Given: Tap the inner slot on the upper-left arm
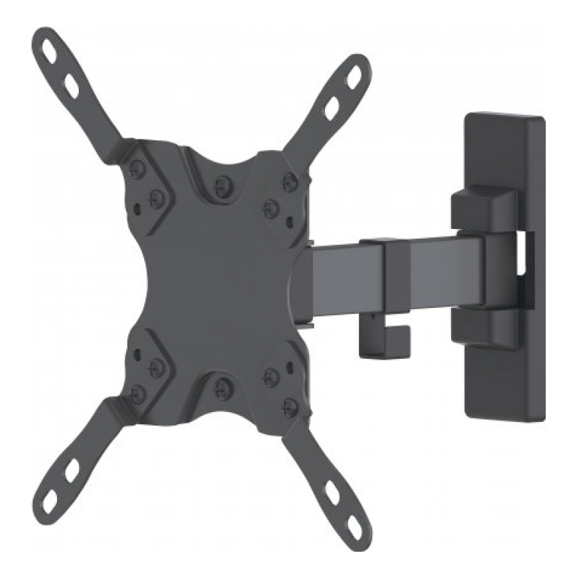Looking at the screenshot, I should (x=72, y=88).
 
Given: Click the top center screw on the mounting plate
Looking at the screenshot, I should (x=221, y=182).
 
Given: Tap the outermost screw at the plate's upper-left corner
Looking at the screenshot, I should (x=137, y=167).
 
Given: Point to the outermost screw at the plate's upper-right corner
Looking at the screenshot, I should (x=288, y=179).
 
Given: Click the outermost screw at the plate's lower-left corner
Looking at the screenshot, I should (x=137, y=391).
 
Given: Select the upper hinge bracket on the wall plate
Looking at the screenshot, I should (x=480, y=206).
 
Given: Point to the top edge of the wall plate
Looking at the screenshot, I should (x=504, y=119).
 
